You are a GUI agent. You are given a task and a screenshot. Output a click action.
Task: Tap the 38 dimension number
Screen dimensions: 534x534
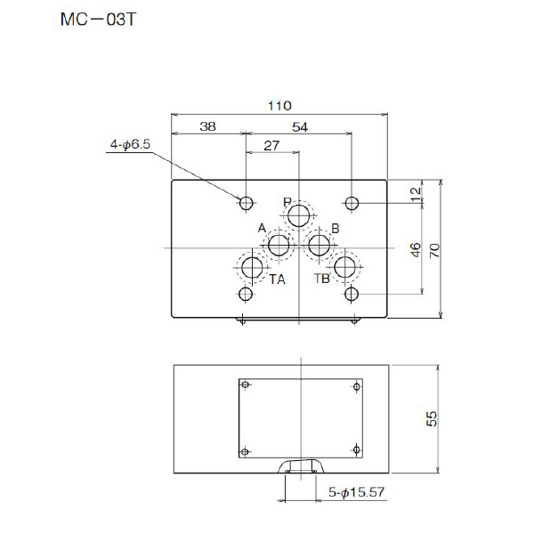click(207, 127)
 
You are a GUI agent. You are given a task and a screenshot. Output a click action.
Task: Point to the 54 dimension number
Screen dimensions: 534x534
click(300, 127)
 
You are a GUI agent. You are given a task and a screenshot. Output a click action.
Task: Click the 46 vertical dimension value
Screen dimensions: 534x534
click(416, 249)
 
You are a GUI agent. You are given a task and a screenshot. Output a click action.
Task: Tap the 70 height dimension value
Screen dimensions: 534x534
click(435, 249)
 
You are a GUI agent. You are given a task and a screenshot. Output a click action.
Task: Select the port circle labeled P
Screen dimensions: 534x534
click(300, 215)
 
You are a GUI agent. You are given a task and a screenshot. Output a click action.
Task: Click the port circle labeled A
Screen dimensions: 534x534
click(279, 246)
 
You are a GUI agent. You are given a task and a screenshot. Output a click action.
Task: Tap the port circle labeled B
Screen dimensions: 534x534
click(320, 246)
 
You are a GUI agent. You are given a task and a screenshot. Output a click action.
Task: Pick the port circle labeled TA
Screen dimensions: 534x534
click(253, 267)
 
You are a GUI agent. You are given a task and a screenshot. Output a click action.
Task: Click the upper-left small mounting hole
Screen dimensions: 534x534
click(247, 203)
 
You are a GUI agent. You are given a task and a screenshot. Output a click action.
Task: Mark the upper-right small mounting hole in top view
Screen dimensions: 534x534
click(352, 203)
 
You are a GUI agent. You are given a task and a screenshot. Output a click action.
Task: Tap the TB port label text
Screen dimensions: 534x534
click(321, 279)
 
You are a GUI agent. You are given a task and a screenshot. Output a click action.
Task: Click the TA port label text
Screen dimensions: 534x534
click(278, 279)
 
